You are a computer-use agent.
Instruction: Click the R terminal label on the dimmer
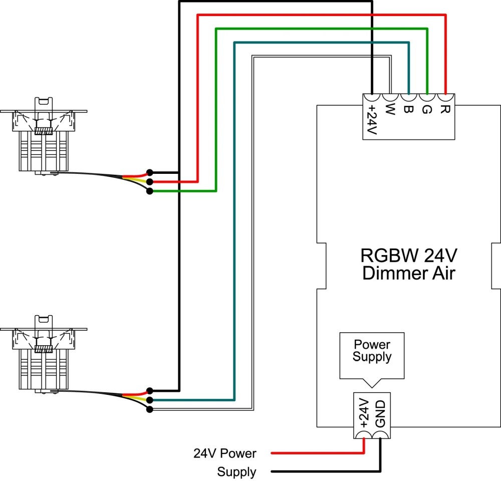click(x=443, y=109)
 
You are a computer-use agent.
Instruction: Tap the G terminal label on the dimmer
click(x=426, y=109)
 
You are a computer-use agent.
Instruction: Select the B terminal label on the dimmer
click(x=408, y=109)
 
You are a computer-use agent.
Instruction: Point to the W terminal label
click(x=391, y=109)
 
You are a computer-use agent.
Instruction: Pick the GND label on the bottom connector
click(x=380, y=413)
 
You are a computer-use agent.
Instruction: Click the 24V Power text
click(x=225, y=454)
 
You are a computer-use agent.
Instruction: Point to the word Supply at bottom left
click(x=236, y=472)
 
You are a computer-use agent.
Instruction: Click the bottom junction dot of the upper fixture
click(x=149, y=191)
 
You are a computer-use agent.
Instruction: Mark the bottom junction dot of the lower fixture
click(x=149, y=409)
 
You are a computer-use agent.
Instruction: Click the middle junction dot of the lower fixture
click(x=149, y=400)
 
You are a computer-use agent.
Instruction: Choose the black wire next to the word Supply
click(x=321, y=472)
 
